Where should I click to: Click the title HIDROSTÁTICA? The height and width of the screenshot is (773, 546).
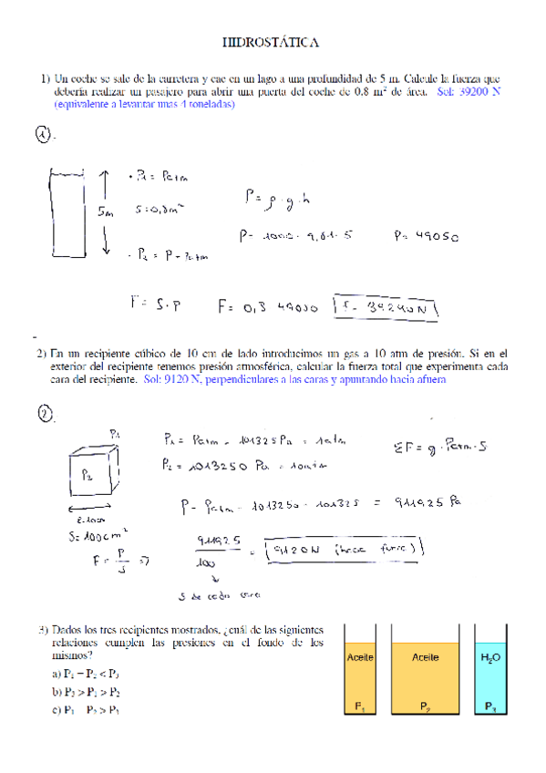pos(272,42)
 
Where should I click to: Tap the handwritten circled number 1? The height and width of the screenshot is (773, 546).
pos(43,135)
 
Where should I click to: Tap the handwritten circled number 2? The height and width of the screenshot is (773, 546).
pos(45,415)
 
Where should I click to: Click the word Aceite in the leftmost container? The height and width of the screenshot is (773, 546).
pos(360,656)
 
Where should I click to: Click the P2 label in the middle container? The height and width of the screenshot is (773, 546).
pos(425,706)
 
